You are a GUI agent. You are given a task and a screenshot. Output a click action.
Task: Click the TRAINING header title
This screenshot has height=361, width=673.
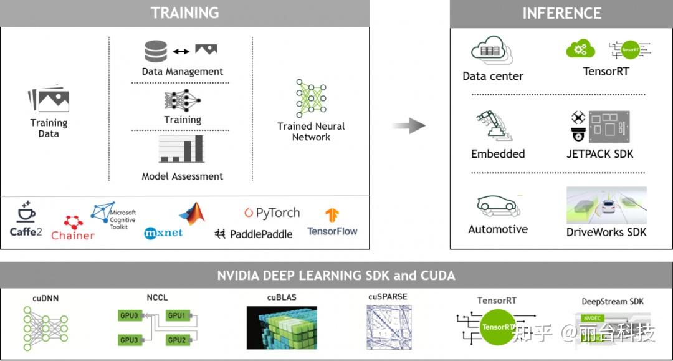pos(184,13)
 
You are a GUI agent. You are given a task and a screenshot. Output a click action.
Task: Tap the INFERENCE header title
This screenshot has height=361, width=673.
pos(562,13)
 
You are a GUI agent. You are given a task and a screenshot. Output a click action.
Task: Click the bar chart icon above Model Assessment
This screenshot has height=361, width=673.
pos(181,149)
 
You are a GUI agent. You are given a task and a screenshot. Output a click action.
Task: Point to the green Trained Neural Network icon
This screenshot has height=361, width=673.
pos(311,99)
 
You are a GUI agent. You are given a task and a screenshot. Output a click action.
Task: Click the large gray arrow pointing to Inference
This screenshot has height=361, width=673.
pos(409,126)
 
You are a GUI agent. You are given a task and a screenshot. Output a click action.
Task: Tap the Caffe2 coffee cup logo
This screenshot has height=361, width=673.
pos(26,211)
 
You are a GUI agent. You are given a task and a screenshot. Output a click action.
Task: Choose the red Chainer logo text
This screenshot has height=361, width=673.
pos(72,236)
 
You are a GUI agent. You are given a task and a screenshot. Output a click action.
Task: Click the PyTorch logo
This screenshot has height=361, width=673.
pos(272,213)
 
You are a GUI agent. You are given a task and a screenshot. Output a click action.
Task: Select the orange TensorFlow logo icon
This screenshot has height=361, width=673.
pos(332,215)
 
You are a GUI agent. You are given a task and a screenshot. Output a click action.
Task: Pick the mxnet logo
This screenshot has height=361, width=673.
pos(163,233)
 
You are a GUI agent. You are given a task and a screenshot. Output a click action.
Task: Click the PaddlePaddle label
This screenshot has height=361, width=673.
pos(261,234)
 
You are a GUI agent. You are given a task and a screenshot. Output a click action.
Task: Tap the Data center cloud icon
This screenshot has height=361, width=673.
pos(492,49)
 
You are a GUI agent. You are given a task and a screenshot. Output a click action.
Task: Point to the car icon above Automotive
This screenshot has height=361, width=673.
pos(498,205)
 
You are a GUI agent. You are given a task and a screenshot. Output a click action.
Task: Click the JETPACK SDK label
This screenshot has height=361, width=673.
pos(599,153)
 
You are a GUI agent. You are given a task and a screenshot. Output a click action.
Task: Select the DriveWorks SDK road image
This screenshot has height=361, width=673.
pos(606,205)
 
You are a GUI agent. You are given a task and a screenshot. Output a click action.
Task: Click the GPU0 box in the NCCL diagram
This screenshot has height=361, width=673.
pos(129,315)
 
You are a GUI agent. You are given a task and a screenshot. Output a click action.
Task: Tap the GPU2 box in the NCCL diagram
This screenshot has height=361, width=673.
pos(177,340)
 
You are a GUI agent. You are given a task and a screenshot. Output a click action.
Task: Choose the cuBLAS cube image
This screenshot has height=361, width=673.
pos(282,327)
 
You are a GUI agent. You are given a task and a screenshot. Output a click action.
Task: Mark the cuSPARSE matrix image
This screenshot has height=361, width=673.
pos(389,327)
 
